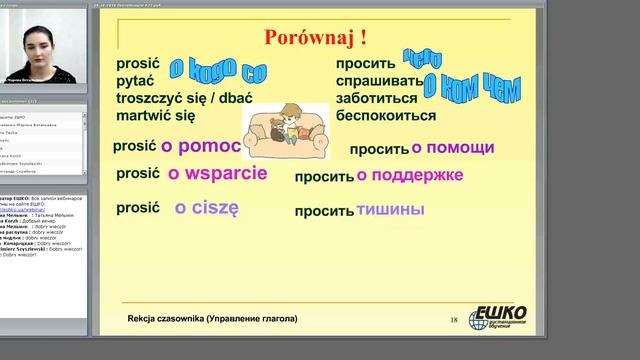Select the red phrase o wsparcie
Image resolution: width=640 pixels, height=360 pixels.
(x=217, y=173)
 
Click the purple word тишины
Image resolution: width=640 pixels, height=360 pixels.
(x=390, y=210)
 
